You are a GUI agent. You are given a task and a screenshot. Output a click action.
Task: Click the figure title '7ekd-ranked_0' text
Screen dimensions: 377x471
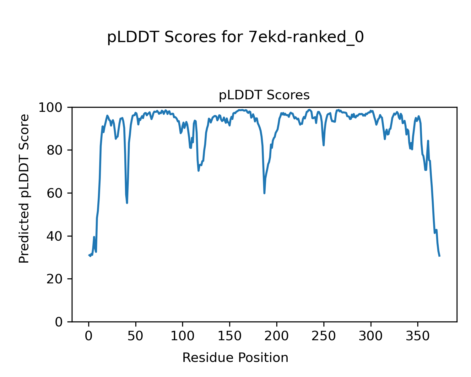click(x=306, y=38)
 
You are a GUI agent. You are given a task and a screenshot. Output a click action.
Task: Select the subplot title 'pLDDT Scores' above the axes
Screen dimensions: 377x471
click(x=264, y=95)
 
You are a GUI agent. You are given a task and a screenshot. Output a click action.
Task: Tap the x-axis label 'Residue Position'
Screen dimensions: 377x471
click(x=235, y=358)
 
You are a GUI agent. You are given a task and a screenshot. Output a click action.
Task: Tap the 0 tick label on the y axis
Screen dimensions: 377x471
click(x=59, y=322)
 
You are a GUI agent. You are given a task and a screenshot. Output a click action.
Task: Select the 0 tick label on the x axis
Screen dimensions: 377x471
click(x=89, y=336)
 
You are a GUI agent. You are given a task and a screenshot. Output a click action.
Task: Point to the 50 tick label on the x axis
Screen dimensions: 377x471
click(x=136, y=336)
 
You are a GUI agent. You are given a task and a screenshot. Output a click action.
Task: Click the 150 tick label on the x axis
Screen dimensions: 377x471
click(x=230, y=336)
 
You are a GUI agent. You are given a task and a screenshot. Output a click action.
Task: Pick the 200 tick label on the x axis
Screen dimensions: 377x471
click(x=277, y=336)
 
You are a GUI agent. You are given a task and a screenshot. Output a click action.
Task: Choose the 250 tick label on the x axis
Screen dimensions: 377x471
click(x=323, y=336)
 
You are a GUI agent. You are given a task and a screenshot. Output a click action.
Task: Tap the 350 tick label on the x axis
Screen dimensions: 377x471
click(x=418, y=336)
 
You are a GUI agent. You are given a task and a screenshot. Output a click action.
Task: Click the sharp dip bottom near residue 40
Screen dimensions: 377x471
click(x=127, y=203)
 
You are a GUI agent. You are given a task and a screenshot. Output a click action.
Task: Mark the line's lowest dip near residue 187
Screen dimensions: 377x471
click(x=264, y=193)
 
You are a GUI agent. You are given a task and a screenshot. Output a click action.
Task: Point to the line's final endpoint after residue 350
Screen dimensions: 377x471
click(x=440, y=256)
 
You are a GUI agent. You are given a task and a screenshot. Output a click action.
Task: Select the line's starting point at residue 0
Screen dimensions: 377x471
click(x=89, y=255)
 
